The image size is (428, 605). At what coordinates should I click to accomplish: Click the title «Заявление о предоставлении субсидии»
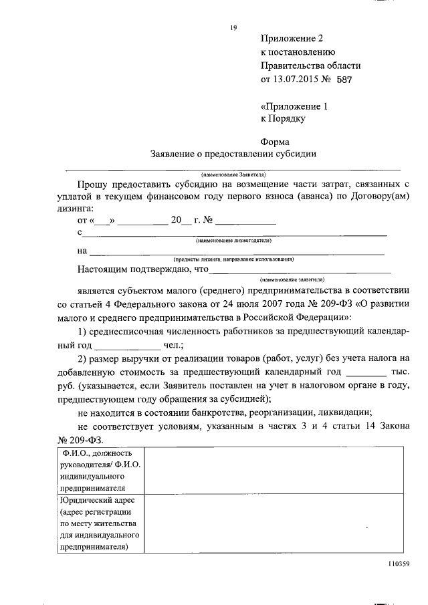233,154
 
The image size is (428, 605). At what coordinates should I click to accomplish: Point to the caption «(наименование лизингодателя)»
233,239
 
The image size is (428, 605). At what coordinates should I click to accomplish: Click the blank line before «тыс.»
367,372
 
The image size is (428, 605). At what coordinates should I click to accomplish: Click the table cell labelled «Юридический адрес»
98,523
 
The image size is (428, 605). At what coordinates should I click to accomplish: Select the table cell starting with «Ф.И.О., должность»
98,470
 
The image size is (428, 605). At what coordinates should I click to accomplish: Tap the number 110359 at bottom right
397,564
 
